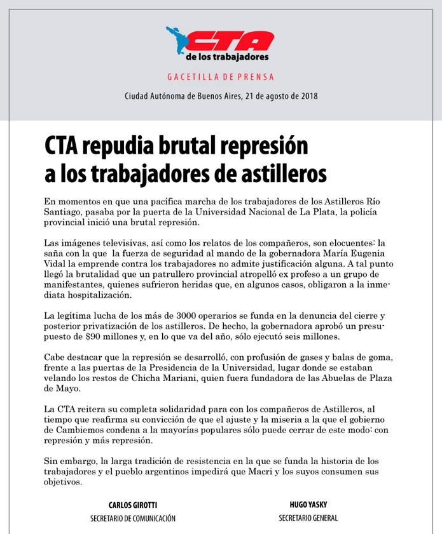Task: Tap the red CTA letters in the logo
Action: pos(233,41)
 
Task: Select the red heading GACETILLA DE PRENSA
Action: pos(221,77)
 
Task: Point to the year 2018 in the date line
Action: pos(308,97)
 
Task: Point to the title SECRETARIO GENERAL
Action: pos(308,518)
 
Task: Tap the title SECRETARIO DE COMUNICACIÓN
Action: pos(132,519)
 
